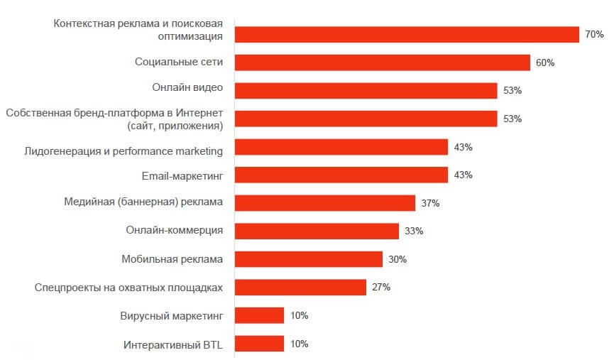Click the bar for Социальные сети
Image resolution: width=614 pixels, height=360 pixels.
coord(382,62)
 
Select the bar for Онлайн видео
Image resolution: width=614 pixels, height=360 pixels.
coord(366,90)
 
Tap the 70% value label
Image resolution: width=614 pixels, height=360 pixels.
coord(594,34)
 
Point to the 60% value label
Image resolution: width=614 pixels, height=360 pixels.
coord(545,62)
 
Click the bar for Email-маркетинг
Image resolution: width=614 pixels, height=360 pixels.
coord(341,175)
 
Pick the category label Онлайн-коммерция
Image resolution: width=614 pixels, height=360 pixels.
coord(175,231)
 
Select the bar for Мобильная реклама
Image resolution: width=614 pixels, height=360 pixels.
coord(308,259)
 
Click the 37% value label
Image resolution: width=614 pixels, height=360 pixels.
coord(430,203)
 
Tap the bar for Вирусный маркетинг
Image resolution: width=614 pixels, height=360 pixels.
coord(259,315)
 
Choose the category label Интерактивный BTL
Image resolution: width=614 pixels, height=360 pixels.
coord(173,344)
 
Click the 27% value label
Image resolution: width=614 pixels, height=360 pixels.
coord(381,288)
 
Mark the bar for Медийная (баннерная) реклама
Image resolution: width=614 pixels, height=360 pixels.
coord(324,203)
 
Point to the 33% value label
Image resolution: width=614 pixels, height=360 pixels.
coord(414,231)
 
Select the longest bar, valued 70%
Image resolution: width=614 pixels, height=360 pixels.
coord(407,34)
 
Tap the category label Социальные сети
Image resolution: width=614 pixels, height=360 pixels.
coord(179,62)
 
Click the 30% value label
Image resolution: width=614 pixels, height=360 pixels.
coord(398,259)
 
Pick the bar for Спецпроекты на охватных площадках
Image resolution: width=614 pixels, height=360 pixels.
coord(300,288)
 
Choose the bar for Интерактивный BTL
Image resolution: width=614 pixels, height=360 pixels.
coord(259,344)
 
